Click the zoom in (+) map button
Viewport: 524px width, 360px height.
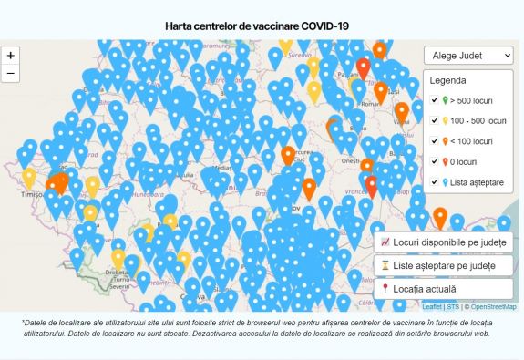click(x=11, y=56)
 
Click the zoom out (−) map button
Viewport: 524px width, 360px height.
click(x=11, y=74)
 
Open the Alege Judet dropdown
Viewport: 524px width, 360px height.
click(x=468, y=56)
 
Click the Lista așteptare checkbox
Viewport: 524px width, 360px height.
click(x=436, y=182)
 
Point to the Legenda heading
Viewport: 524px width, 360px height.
click(x=448, y=80)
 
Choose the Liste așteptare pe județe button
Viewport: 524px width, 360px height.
click(x=443, y=266)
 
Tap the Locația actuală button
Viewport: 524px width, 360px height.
click(x=443, y=289)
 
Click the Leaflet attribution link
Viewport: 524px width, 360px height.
click(x=432, y=307)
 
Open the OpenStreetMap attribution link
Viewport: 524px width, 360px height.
click(x=493, y=307)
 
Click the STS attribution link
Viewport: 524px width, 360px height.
click(x=453, y=307)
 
